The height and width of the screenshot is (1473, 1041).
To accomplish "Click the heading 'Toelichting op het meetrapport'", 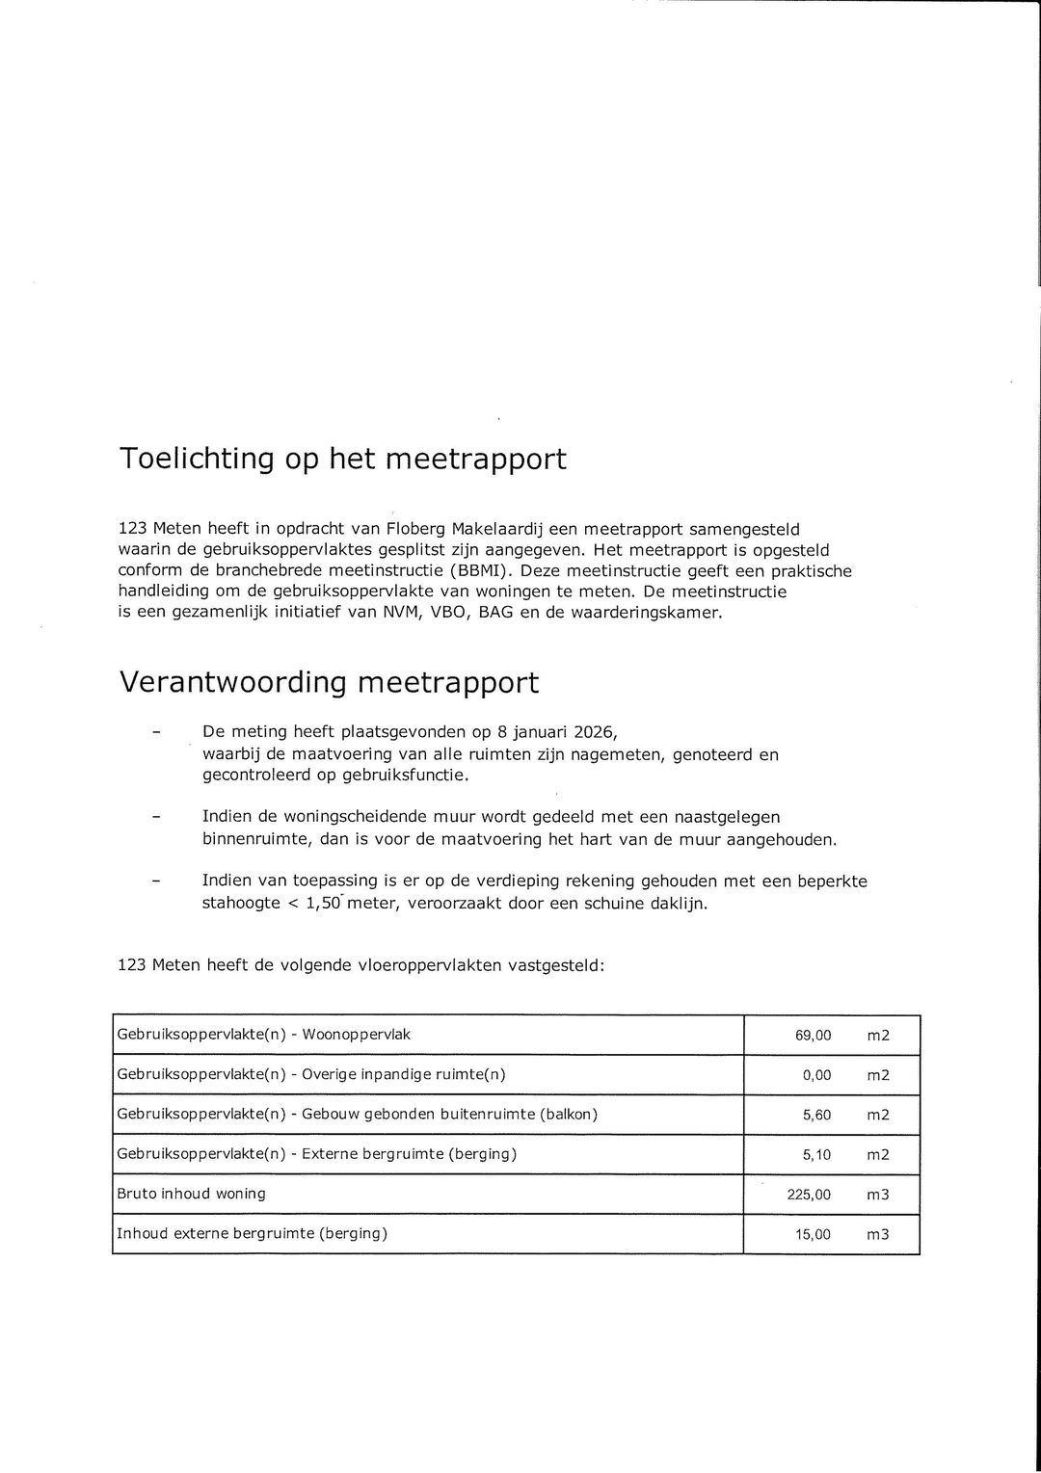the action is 342,459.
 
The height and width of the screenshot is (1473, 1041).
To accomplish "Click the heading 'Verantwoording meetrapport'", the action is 329,682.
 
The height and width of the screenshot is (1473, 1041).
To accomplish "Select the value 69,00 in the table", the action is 813,1036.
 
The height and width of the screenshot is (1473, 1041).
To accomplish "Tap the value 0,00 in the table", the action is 816,1075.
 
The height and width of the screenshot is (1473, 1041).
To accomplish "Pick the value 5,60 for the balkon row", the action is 816,1115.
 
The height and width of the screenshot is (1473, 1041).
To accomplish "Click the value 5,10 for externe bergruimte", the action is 816,1154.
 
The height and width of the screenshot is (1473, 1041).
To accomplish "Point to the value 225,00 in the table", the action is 809,1195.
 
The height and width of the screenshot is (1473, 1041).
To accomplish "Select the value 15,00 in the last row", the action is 813,1234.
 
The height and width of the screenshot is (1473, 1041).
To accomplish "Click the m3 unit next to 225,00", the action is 877,1195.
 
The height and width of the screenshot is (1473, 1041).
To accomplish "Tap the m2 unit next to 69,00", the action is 877,1036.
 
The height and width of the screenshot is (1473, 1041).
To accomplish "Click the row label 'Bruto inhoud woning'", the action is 191,1194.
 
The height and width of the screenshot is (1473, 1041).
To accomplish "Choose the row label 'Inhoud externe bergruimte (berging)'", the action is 252,1233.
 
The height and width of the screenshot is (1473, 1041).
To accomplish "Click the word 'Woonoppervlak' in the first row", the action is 357,1035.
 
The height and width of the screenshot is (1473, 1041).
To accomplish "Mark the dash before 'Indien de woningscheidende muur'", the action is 155,818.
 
